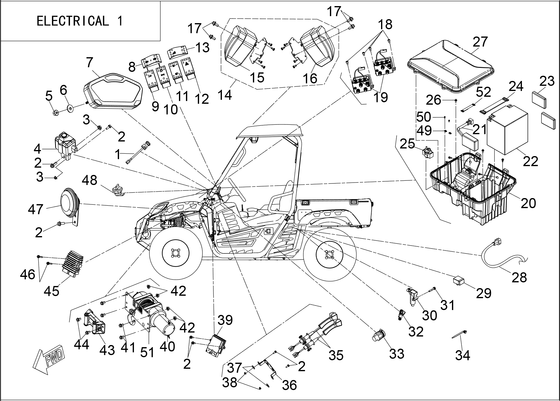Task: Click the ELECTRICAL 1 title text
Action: (x=80, y=21)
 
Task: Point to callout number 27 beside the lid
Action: (x=480, y=42)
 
